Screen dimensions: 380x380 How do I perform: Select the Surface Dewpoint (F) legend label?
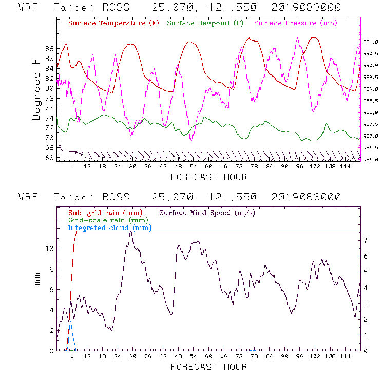205,24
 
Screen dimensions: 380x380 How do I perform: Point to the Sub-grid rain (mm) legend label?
98,212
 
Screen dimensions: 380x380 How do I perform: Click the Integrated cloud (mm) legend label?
109,227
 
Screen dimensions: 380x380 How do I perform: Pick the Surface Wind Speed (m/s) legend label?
207,212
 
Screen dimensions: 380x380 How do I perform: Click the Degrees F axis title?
35,88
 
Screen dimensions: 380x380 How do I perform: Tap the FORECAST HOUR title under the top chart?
208,177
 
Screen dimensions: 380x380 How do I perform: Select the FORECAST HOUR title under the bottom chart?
208,367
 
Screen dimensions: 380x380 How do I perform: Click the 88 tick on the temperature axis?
49,49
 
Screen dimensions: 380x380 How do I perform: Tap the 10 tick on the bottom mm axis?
49,249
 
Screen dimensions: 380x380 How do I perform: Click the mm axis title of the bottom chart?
37,280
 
